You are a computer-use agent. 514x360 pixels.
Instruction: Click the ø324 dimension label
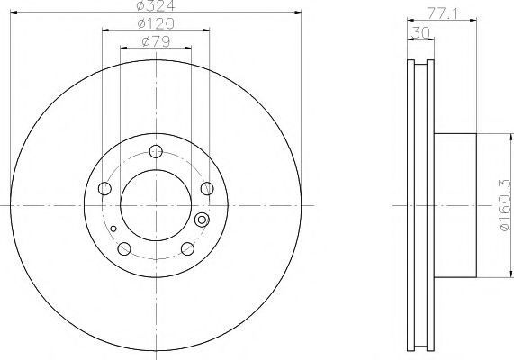156,4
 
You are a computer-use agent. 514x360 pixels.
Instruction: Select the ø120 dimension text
156,23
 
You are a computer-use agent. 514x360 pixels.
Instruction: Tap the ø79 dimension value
156,41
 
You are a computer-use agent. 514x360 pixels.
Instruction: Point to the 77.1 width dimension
443,13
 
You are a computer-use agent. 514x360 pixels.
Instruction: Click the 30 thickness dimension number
420,32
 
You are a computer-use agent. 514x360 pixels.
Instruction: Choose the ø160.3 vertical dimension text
505,205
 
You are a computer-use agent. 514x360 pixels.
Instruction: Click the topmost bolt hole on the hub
156,151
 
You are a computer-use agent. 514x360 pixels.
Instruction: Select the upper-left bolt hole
104,188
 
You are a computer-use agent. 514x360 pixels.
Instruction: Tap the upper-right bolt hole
207,188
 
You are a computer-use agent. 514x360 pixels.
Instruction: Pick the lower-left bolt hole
124,249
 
